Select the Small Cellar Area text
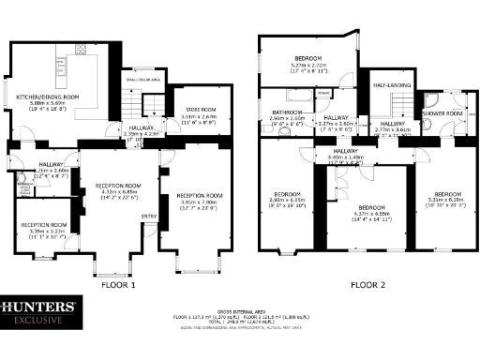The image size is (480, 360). (x=142, y=81)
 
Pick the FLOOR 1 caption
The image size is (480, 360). (x=119, y=284)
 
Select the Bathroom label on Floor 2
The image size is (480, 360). (x=285, y=112)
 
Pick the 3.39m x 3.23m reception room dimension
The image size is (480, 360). (x=44, y=232)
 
